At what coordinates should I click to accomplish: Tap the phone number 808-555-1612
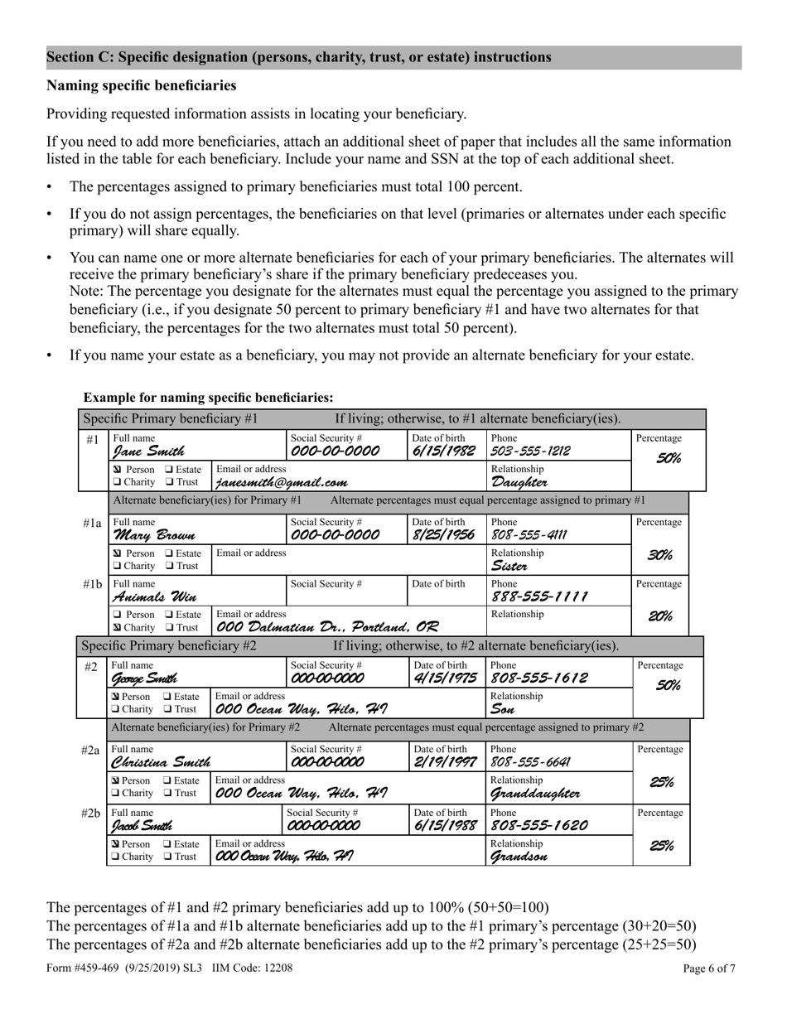(x=540, y=678)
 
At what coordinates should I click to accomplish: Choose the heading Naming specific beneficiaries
(x=142, y=85)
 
